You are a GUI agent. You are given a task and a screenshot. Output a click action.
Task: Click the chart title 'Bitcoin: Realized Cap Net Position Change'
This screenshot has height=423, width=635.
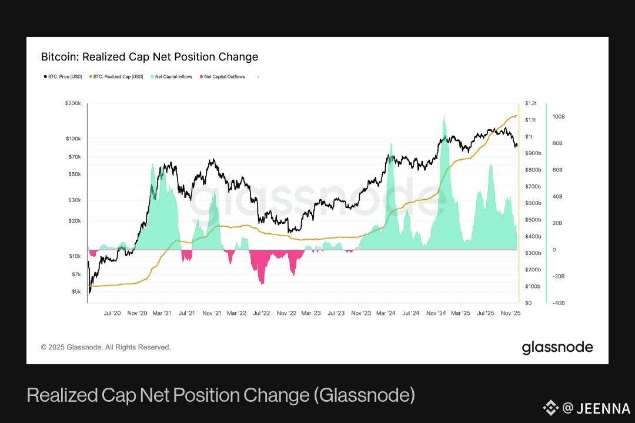click(149, 57)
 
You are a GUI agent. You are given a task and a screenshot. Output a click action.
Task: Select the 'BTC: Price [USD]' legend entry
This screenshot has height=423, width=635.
click(63, 76)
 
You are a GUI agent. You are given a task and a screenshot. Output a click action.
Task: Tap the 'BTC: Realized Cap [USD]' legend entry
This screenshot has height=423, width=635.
click(118, 76)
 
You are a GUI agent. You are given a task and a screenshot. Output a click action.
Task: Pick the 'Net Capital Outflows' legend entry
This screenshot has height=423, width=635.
click(224, 76)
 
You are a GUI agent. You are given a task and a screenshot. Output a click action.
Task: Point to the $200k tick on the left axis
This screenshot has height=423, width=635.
click(73, 103)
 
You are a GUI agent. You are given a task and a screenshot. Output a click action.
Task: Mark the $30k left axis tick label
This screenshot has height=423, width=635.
click(74, 200)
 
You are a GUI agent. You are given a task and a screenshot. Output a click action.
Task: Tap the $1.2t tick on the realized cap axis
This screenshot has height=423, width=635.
click(531, 103)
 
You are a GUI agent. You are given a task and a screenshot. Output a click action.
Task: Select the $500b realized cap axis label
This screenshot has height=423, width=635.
click(533, 220)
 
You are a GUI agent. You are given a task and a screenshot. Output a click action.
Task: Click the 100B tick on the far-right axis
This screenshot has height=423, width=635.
click(558, 117)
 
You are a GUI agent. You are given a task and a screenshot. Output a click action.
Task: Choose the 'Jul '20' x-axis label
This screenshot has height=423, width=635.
click(112, 314)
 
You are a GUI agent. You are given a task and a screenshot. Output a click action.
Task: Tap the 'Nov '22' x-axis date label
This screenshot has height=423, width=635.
click(286, 314)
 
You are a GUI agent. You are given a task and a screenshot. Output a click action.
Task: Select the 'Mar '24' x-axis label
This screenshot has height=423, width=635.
click(386, 314)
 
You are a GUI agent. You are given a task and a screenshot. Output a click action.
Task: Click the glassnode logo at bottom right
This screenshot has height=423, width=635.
click(557, 347)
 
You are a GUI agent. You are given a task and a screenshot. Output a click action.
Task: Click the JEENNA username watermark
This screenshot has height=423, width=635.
click(603, 408)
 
